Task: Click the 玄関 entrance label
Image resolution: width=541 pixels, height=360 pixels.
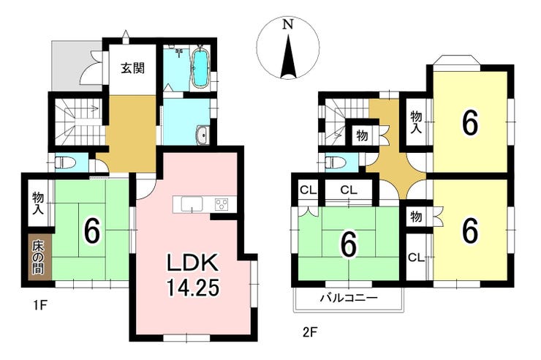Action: [x=132, y=68]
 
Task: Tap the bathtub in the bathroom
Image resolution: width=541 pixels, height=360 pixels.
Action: [x=200, y=69]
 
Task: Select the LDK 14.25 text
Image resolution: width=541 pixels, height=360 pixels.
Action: [x=192, y=274]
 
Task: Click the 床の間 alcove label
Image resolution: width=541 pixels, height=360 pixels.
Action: [x=38, y=257]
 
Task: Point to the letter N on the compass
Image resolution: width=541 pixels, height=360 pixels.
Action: [x=288, y=24]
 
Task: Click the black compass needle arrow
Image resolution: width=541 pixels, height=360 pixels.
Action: [x=288, y=56]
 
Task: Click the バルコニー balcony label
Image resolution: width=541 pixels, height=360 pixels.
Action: [x=349, y=297]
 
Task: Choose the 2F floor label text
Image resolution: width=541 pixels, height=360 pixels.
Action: [x=309, y=332]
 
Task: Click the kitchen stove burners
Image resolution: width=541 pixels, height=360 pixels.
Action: [x=222, y=204]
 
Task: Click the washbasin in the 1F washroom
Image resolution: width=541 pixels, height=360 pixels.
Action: [x=202, y=135]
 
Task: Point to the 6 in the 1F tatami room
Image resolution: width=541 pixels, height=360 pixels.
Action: [x=92, y=231]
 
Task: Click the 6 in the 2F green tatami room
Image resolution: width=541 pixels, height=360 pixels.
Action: [x=349, y=246]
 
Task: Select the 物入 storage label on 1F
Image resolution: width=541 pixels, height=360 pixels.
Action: [x=38, y=203]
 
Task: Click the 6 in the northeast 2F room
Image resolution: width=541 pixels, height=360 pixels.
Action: [x=470, y=123]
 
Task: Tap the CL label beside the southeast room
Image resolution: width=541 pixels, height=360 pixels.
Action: [x=416, y=258]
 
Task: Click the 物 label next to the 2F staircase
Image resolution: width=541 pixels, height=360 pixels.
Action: [x=362, y=135]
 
